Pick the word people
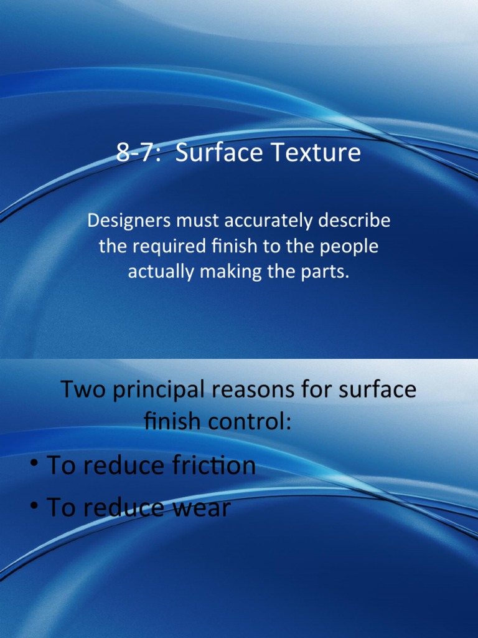(350, 247)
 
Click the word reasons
(268, 390)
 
